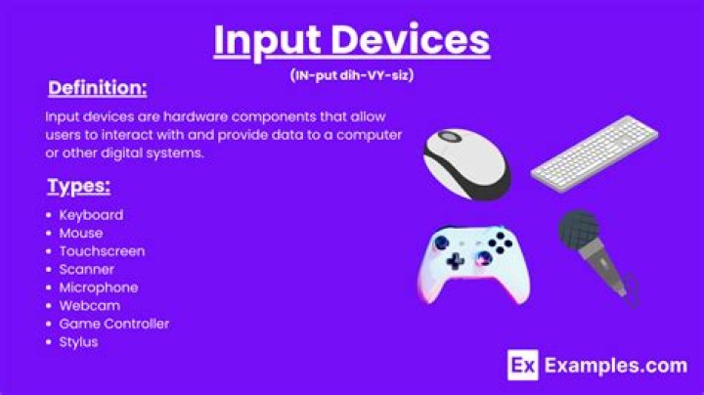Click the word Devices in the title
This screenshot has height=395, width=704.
tap(410, 39)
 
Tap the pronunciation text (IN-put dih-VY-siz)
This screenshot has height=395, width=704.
tap(352, 75)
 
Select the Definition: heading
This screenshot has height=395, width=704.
tap(98, 88)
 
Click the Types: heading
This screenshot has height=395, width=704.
tap(79, 187)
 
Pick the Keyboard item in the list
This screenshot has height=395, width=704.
tap(91, 215)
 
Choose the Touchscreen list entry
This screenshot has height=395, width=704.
tap(103, 251)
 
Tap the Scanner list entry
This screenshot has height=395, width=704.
tap(87, 269)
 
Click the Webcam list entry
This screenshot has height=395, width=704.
tap(90, 306)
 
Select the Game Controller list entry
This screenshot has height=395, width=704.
tap(114, 324)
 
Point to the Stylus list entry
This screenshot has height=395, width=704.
tap(78, 342)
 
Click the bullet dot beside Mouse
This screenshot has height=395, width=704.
tap(49, 234)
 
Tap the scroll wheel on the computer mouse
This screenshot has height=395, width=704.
tap(450, 137)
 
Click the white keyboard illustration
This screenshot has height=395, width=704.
tap(594, 154)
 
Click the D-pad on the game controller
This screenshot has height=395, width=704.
tap(456, 260)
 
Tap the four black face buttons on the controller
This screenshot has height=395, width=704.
tap(501, 242)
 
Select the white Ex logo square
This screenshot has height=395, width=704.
tap(523, 365)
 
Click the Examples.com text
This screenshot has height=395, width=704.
tap(616, 366)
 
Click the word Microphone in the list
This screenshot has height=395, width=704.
tap(99, 287)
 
